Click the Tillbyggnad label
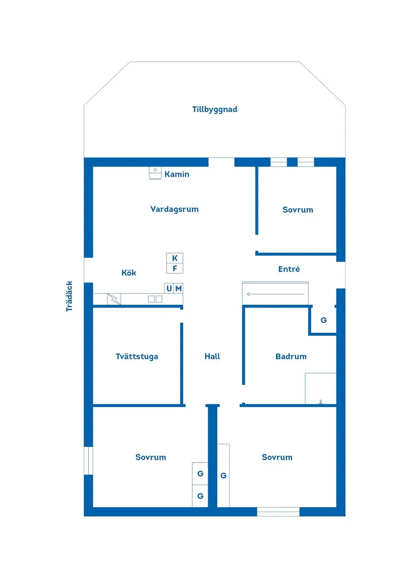[x=215, y=109]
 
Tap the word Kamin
[x=177, y=174]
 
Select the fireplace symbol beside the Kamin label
[x=155, y=173]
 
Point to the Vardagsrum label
[x=175, y=209]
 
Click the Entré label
[x=289, y=269]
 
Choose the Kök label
[x=129, y=272]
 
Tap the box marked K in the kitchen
[x=175, y=258]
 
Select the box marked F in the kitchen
[x=175, y=268]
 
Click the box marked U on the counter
[x=170, y=288]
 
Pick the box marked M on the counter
[x=178, y=288]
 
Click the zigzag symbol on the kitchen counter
[x=114, y=299]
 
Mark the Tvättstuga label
[x=137, y=356]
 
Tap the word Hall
[x=212, y=356]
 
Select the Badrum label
[x=291, y=356]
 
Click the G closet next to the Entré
[x=324, y=320]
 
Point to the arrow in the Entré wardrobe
[x=275, y=294]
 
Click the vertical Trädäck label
[x=69, y=296]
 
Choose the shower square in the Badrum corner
[x=320, y=389]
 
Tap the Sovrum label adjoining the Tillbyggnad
[x=298, y=210]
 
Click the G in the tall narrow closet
[x=224, y=475]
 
